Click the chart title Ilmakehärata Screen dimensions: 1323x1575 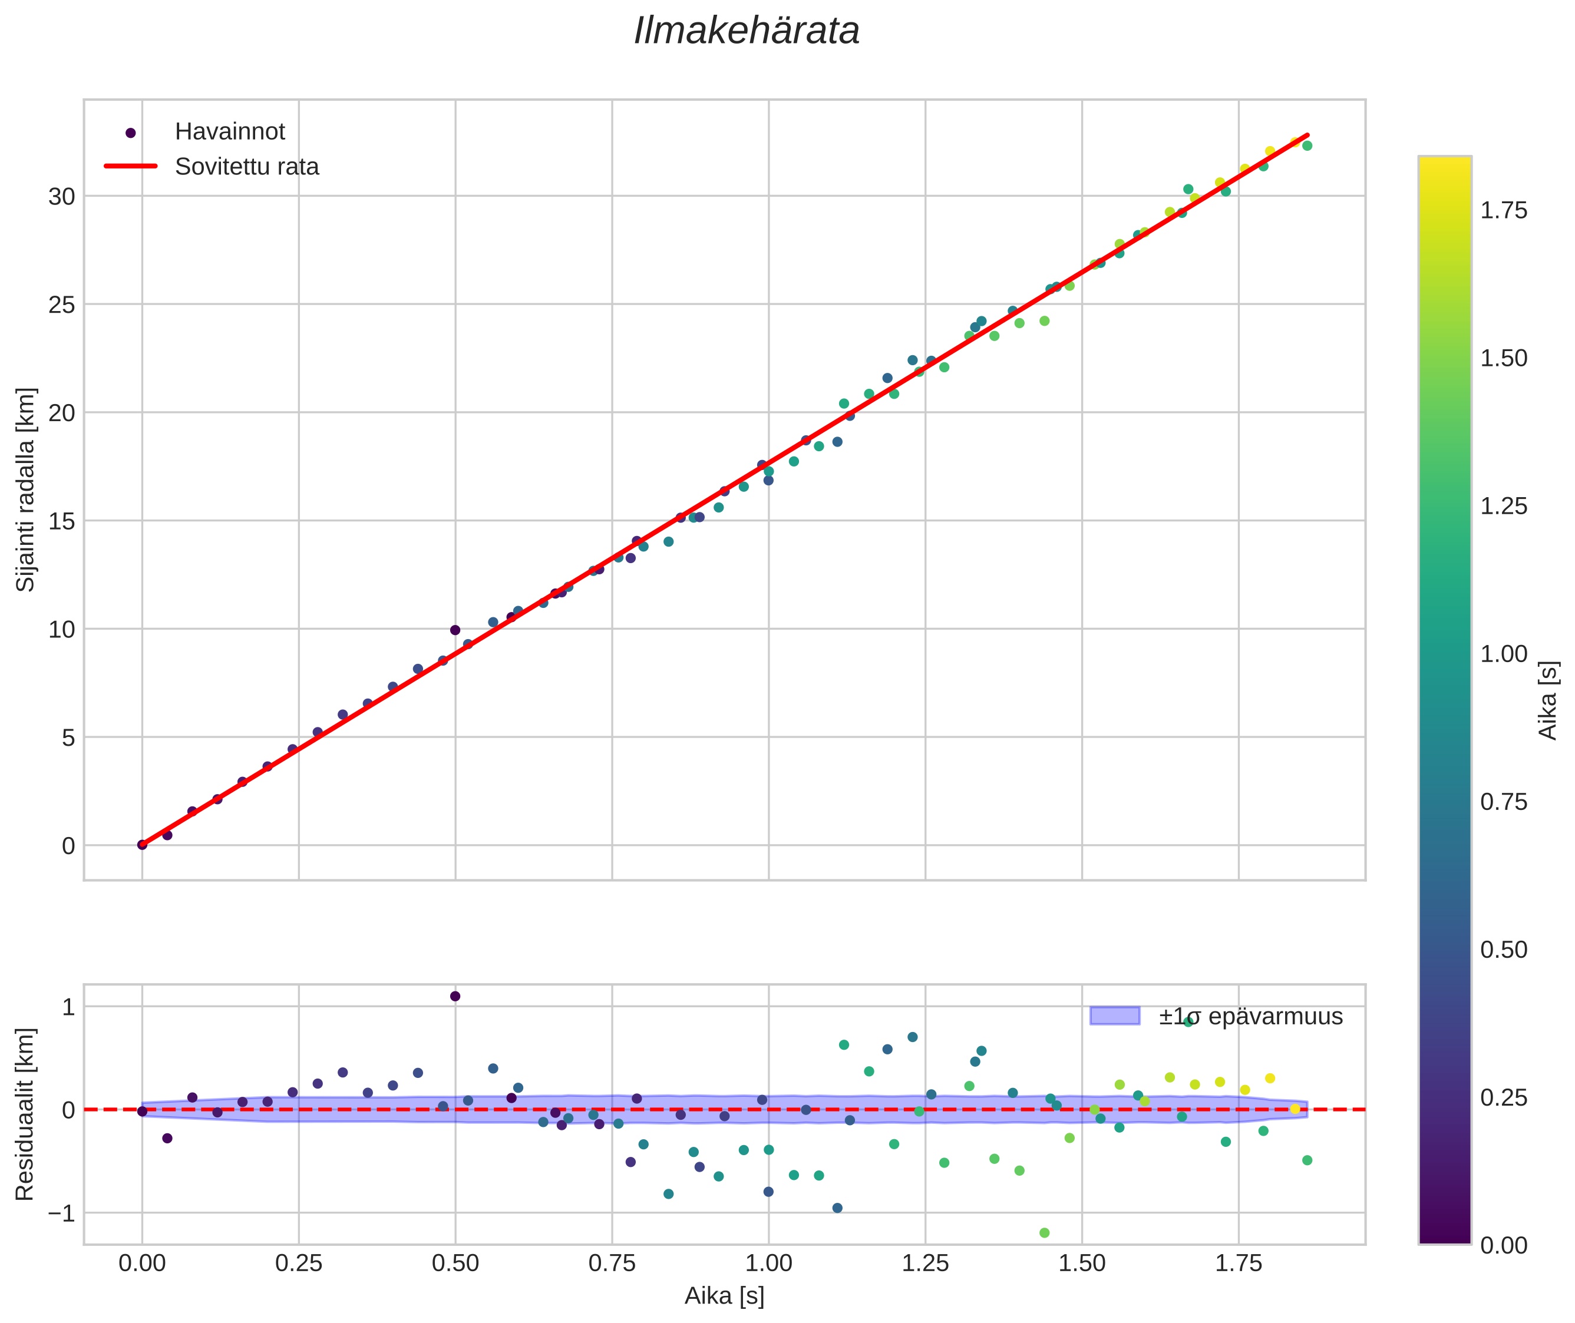(x=746, y=31)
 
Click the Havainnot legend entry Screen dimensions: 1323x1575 (x=229, y=132)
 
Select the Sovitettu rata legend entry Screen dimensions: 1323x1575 (x=246, y=167)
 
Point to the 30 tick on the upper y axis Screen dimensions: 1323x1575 (x=61, y=197)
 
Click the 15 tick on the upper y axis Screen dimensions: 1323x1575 (x=61, y=521)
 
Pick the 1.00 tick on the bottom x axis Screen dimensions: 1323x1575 (x=768, y=1264)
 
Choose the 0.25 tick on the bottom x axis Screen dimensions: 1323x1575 (x=299, y=1264)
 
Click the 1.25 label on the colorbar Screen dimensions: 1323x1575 (x=1503, y=506)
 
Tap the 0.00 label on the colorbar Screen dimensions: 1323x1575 (x=1503, y=1246)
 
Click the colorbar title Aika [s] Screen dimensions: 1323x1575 (x=1547, y=700)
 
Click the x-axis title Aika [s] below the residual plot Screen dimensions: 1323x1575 (x=724, y=1296)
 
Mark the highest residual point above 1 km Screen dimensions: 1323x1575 (x=455, y=996)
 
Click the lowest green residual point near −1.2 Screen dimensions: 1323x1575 (x=1044, y=1233)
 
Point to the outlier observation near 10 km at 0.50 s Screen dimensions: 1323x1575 (x=455, y=630)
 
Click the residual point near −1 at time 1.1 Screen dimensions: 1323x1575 (x=837, y=1208)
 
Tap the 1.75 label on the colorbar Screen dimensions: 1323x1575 (x=1503, y=211)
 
